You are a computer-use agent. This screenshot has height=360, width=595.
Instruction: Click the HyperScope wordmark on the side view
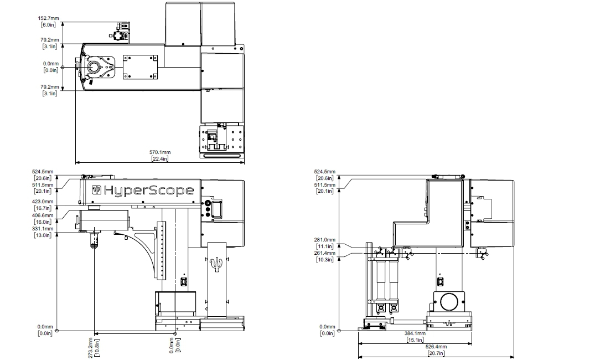pos(149,191)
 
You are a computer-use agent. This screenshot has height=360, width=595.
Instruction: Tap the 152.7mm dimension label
pos(51,18)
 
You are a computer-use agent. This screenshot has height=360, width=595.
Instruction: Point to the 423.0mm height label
pos(43,202)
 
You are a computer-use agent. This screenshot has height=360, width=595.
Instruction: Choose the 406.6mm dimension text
pos(43,215)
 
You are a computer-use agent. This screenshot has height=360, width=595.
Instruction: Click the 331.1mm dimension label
pos(43,229)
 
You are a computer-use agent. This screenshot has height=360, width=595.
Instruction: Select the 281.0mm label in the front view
pos(325,240)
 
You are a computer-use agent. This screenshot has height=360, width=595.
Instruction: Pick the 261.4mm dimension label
pos(325,253)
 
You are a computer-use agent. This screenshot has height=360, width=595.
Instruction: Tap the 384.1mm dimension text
pos(415,333)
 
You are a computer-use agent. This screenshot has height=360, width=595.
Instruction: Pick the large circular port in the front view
pos(449,302)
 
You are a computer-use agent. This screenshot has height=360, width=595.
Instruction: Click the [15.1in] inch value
pos(415,340)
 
